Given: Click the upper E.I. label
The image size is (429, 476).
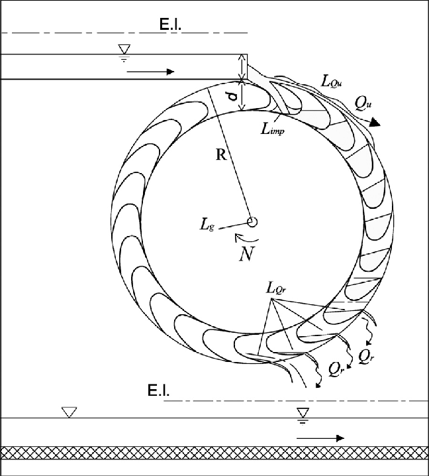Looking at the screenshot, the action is coord(170,25).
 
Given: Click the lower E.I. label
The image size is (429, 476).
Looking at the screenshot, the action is coord(158,390).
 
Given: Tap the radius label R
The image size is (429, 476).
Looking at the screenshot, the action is coord(221,155).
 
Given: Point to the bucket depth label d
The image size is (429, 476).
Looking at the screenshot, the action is coord(233,97).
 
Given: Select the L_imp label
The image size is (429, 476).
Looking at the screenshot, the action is coord(273,129).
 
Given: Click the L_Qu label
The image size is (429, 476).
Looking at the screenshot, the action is coord(332,82).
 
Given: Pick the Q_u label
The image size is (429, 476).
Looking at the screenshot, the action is coord(363,104).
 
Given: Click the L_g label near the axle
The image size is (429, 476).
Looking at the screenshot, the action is coord(207,225).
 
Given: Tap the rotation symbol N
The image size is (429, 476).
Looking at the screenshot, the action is coord(246,254).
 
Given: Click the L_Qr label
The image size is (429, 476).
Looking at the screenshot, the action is coord(276,288).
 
